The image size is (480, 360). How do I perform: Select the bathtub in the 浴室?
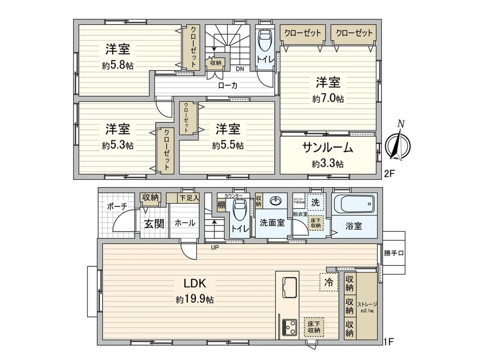pyautogui.click(x=354, y=205)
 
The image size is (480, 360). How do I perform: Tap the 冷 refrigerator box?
pyautogui.click(x=328, y=281)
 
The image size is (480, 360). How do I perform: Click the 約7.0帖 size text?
pyautogui.click(x=328, y=99)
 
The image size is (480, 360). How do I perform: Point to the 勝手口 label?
pyautogui.click(x=394, y=254)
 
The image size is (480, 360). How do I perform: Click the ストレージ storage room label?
pyautogui.click(x=367, y=304)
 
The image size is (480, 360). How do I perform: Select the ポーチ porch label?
pyautogui.click(x=117, y=206)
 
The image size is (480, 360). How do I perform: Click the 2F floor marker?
pyautogui.click(x=389, y=174)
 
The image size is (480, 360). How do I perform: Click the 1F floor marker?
pyautogui.click(x=389, y=343)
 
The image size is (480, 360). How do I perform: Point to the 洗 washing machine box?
pyautogui.click(x=316, y=202)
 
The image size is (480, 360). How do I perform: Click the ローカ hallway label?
pyautogui.click(x=227, y=86)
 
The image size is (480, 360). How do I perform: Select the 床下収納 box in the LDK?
pyautogui.click(x=314, y=327)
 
